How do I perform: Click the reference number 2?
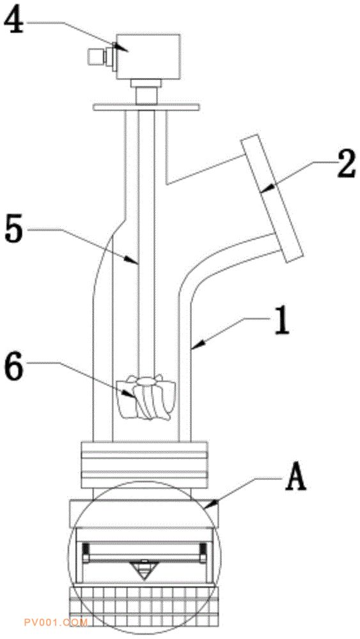(x=346, y=164)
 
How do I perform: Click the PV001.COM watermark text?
(x=56, y=622)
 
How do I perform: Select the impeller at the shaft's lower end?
(x=146, y=398)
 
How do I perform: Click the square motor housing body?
(x=148, y=57)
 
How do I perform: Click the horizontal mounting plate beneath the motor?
(x=146, y=107)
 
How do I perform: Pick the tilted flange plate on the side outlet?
(x=272, y=198)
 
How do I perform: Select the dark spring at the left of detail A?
(x=86, y=553)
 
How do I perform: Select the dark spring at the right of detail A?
(x=203, y=553)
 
